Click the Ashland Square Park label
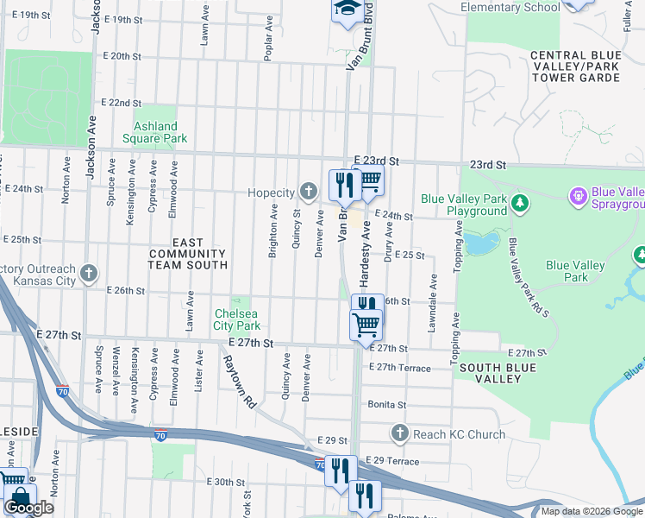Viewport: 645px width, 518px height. tap(154, 132)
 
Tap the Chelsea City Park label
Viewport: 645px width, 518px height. tap(237, 319)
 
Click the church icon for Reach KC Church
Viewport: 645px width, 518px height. tap(399, 433)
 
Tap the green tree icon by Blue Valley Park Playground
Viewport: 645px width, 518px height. tap(519, 204)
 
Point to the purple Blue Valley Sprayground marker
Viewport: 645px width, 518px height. tap(577, 198)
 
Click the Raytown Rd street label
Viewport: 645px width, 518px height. tap(238, 382)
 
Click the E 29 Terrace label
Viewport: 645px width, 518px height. tap(392, 462)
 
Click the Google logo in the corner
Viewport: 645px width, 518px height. tap(28, 508)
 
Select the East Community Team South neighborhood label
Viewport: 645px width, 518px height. tap(188, 255)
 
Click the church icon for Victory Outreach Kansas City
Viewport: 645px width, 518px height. tap(88, 275)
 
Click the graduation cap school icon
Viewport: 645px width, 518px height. tap(347, 9)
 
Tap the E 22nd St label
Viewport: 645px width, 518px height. tap(121, 102)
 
